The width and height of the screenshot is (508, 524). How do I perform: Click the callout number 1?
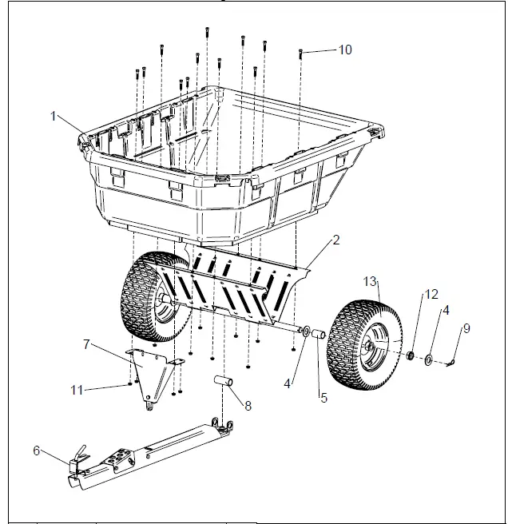coord(54,116)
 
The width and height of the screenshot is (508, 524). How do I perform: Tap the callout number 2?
coord(337,240)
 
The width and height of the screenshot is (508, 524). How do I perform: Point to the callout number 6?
coord(37,451)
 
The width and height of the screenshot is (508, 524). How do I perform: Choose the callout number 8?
coord(248,405)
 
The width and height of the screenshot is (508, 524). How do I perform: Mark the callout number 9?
coord(467,327)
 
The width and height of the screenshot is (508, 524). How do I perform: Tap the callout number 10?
coord(344,50)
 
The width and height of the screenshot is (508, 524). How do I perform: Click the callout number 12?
coord(431,295)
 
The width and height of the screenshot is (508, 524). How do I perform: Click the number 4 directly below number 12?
coord(446,310)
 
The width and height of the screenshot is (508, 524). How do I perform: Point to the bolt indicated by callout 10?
coord(300,54)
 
